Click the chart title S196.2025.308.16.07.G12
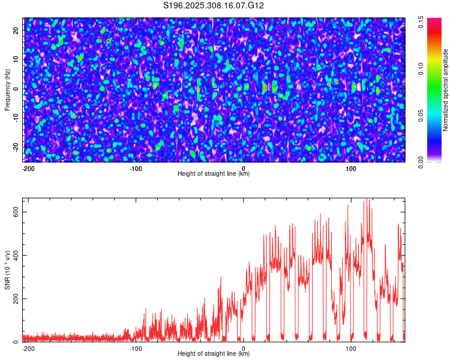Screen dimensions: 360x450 pyautogui.click(x=214, y=5)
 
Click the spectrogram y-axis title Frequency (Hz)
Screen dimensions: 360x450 pyautogui.click(x=7, y=89)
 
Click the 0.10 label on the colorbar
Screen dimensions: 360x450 pyautogui.click(x=421, y=69)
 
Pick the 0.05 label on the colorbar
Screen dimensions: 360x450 pyautogui.click(x=421, y=115)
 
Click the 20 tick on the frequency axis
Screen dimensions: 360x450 pyautogui.click(x=16, y=30)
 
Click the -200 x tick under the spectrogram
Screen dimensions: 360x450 pyautogui.click(x=28, y=169)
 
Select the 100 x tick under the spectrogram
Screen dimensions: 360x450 pyautogui.click(x=351, y=169)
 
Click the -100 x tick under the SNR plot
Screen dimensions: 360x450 pyautogui.click(x=136, y=349)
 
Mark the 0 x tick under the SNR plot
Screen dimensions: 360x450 pyautogui.click(x=244, y=349)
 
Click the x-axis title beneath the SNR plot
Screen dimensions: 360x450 pyautogui.click(x=214, y=355)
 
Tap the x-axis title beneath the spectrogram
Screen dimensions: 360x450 pyautogui.click(x=214, y=174)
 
